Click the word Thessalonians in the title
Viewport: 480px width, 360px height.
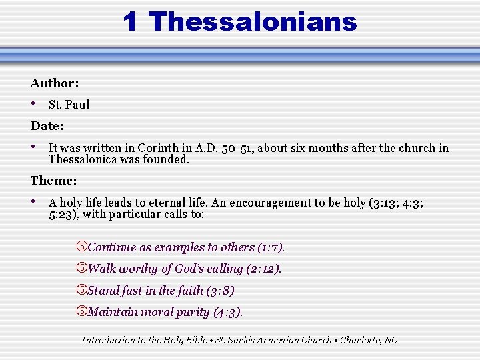pyautogui.click(x=253, y=22)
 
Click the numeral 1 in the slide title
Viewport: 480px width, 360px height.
pyautogui.click(x=131, y=22)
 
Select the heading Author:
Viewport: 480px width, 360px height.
pyautogui.click(x=55, y=83)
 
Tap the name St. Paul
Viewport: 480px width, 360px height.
pyautogui.click(x=69, y=105)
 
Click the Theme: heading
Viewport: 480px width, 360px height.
pyautogui.click(x=53, y=181)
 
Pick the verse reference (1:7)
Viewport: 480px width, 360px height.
pyautogui.click(x=271, y=247)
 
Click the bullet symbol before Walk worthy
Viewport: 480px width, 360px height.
pyautogui.click(x=82, y=269)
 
